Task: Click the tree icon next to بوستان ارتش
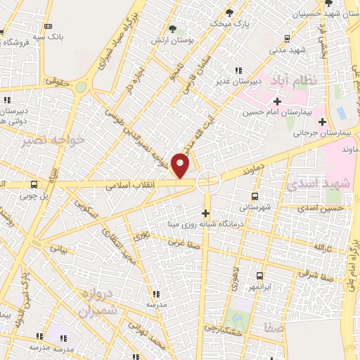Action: [172, 29]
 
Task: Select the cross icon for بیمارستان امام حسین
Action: [278, 101]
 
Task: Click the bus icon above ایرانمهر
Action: [259, 276]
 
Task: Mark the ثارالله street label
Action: [323, 247]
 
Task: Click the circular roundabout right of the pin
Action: [208, 181]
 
